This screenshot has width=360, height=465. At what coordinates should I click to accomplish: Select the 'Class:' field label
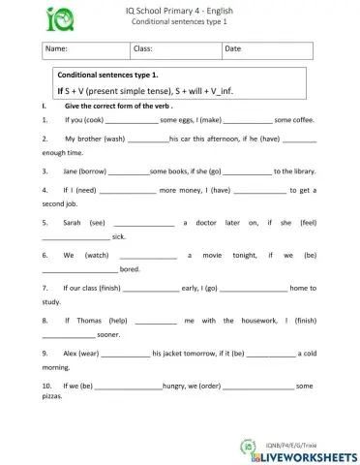pyautogui.click(x=142, y=47)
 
